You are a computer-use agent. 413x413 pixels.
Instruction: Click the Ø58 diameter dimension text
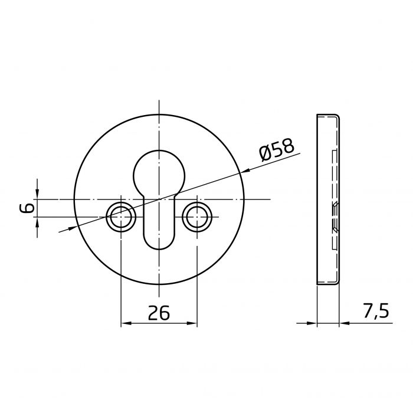pyautogui.click(x=276, y=152)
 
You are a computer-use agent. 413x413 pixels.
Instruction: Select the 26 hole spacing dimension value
pyautogui.click(x=159, y=313)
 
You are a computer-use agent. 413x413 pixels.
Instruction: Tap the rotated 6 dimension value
pyautogui.click(x=25, y=208)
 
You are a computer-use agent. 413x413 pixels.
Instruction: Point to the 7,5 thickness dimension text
pyautogui.click(x=375, y=311)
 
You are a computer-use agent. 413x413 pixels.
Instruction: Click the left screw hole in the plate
pyautogui.click(x=120, y=218)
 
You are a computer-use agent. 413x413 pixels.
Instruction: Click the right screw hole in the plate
pyautogui.click(x=196, y=218)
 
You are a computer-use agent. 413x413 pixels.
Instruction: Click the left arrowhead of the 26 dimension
pyautogui.click(x=125, y=323)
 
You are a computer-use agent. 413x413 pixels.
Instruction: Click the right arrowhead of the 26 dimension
pyautogui.click(x=192, y=323)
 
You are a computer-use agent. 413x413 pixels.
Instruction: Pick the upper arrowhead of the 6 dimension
pyautogui.click(x=37, y=195)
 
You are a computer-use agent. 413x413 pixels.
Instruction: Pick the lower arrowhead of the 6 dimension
pyautogui.click(x=37, y=222)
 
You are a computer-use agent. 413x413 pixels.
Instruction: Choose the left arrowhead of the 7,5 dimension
pyautogui.click(x=312, y=323)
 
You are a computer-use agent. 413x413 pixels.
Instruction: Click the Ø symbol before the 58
pyautogui.click(x=265, y=155)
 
